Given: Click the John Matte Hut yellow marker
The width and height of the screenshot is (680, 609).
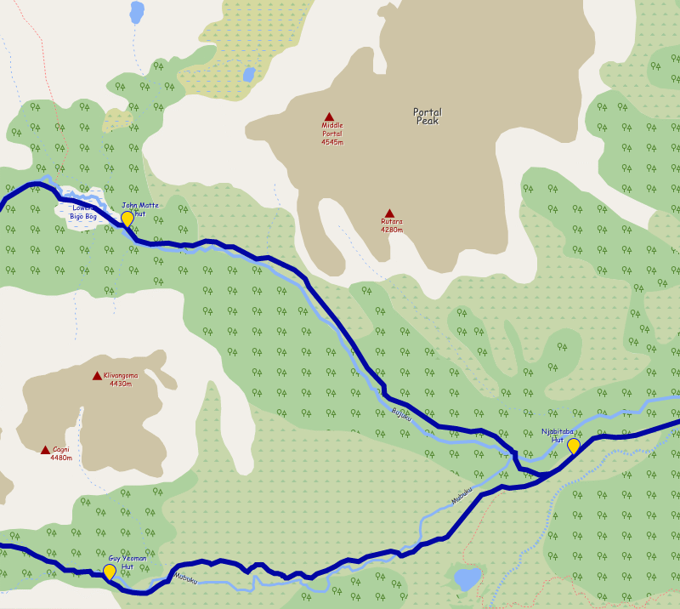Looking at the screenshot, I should [127, 219].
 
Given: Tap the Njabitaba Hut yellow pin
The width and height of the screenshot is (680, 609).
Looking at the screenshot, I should [573, 446].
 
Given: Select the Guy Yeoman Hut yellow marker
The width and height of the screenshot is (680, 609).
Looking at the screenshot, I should [110, 572].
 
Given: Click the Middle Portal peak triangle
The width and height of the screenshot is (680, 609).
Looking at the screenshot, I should [329, 117].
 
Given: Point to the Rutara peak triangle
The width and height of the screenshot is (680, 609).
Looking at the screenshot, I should [389, 213].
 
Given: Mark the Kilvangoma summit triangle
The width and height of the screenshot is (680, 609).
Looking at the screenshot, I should [97, 375].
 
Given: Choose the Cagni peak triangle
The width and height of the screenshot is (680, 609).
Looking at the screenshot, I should [45, 450].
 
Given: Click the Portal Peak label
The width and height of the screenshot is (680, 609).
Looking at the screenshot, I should [428, 117].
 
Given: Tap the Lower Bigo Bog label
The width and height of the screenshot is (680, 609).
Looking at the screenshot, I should [83, 213].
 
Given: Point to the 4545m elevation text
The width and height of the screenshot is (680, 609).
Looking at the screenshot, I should [332, 142].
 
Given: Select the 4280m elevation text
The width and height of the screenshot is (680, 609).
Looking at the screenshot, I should [392, 230].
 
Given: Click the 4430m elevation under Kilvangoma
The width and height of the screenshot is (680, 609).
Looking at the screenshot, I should [120, 384].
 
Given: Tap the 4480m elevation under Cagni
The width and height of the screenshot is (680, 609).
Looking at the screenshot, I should [61, 458].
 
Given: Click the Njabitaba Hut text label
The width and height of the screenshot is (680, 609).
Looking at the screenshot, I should [558, 435].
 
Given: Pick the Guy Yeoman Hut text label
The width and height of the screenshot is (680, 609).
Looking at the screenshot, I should [127, 562].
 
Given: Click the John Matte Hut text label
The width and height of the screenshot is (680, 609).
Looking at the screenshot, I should [140, 209].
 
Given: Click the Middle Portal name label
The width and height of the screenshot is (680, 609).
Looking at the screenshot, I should [332, 129].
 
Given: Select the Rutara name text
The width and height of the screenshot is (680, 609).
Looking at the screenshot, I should [392, 221].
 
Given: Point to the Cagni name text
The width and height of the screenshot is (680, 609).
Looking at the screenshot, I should [61, 449].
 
